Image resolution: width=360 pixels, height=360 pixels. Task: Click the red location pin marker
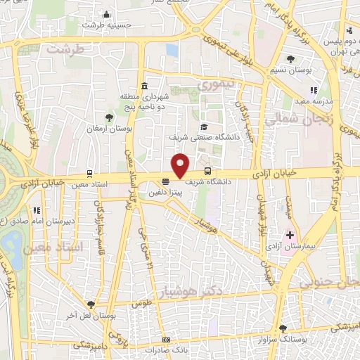(x=181, y=165)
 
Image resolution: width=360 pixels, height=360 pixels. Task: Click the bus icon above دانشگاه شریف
(x=207, y=171)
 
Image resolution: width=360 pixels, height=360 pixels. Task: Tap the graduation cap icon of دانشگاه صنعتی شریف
(x=204, y=127)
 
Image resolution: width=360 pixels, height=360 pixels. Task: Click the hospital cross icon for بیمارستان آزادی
(x=289, y=234)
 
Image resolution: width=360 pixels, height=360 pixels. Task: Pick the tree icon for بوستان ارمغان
(x=109, y=118)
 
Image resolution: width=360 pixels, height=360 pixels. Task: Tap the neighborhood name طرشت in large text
(x=65, y=49)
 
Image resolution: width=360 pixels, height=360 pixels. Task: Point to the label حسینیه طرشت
(x=107, y=25)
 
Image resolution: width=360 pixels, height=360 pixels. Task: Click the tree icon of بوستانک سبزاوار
(x=283, y=328)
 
